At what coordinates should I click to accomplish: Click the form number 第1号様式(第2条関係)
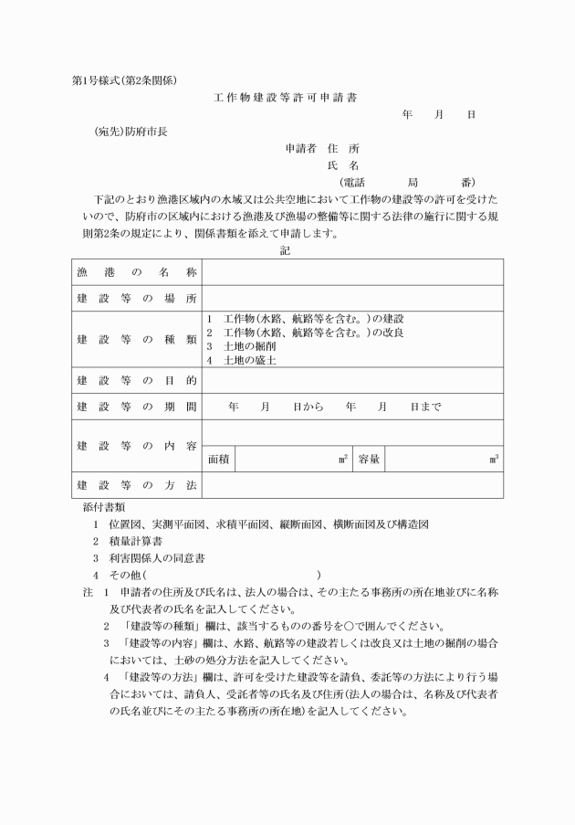click(x=123, y=79)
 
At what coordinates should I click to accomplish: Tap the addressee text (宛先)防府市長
click(x=131, y=131)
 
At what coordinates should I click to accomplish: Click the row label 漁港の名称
click(x=136, y=272)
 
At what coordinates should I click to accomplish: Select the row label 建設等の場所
click(x=136, y=299)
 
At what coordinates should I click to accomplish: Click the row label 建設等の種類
click(x=136, y=339)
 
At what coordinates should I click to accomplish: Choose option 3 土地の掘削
click(x=241, y=346)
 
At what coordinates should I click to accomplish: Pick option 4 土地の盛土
click(x=241, y=360)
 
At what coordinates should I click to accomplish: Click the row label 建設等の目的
click(x=136, y=380)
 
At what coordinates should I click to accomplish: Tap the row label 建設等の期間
click(x=136, y=407)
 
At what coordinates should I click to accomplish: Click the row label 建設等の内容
click(x=136, y=446)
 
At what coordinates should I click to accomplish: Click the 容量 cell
click(x=369, y=460)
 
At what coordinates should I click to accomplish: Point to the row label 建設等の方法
click(x=136, y=485)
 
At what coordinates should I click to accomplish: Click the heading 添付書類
click(x=104, y=506)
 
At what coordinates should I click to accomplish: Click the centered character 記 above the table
click(x=287, y=250)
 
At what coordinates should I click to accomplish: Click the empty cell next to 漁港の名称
click(x=351, y=272)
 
